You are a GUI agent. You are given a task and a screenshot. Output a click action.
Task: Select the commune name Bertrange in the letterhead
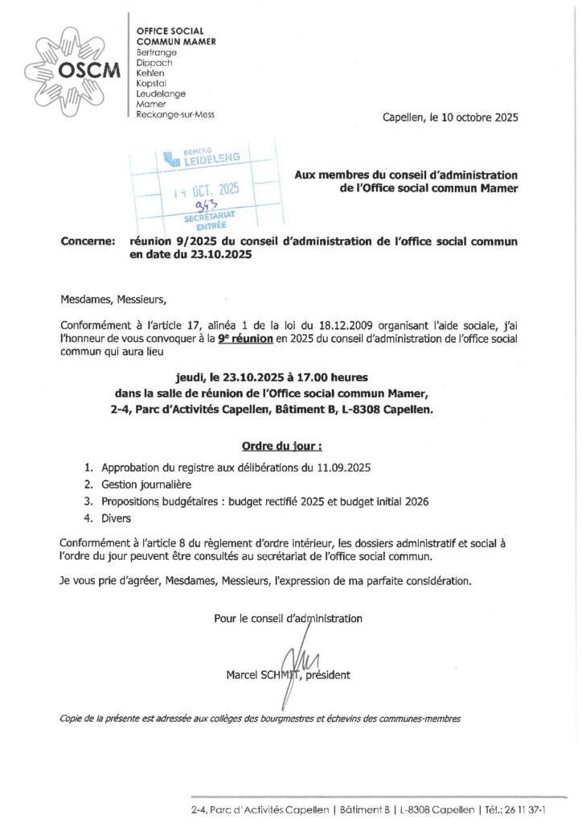click(158, 51)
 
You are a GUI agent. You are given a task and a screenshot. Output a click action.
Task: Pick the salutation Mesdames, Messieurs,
click(113, 300)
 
